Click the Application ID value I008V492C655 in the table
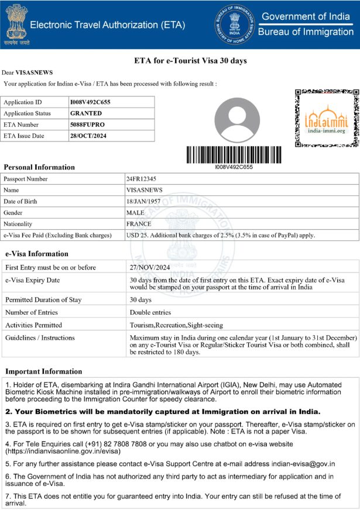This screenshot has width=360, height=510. [x=90, y=102]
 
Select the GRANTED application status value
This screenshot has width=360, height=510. [x=85, y=113]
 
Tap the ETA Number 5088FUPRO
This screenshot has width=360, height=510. [x=87, y=125]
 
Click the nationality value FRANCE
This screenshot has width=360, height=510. [x=139, y=224]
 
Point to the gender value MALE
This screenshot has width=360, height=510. [x=135, y=213]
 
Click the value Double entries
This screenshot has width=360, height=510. [x=150, y=313]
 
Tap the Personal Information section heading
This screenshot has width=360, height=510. [x=39, y=167]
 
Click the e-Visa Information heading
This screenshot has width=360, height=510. [x=37, y=254]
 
